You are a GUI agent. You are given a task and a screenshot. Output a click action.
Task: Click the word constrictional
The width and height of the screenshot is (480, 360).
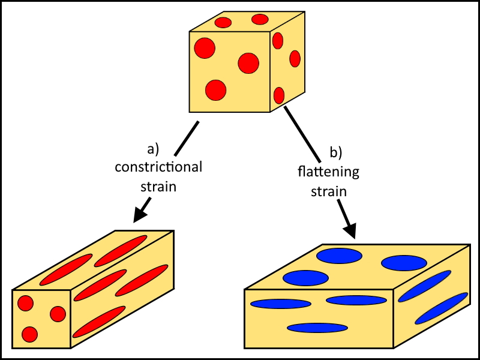158,166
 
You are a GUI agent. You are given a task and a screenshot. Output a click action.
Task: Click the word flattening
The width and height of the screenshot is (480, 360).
328,172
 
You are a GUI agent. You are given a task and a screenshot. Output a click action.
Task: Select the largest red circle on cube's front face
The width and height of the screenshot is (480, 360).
248,63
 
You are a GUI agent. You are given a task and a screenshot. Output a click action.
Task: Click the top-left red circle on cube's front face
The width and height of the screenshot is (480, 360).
205,48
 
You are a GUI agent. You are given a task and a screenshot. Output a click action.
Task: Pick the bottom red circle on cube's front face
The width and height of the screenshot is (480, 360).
215,90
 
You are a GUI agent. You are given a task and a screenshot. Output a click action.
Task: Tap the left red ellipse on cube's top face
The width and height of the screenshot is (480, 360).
223,23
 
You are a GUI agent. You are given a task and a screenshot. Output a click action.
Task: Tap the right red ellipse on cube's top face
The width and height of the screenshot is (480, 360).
260,19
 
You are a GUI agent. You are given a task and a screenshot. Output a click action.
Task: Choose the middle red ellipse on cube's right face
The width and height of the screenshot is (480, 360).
295,59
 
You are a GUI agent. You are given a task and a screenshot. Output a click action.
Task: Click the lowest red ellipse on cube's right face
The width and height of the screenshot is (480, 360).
279,95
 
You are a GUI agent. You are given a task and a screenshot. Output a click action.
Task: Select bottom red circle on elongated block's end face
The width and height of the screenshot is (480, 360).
29,334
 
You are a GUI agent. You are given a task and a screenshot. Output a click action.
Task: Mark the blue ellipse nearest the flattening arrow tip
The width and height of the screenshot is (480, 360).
339,256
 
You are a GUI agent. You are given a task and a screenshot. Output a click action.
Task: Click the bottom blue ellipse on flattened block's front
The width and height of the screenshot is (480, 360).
317,328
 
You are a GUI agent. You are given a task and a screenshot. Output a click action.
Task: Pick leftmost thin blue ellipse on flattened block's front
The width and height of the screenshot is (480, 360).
280,304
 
